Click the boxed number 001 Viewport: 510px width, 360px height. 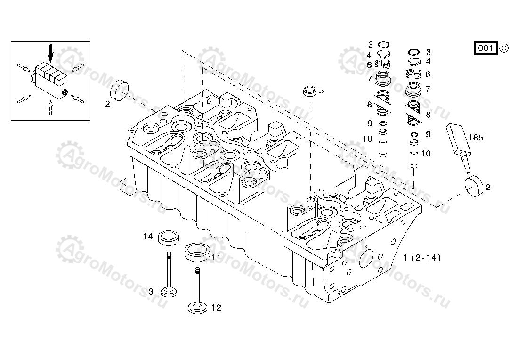[486, 48]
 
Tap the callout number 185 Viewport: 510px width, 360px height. [476, 138]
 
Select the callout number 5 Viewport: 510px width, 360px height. [321, 90]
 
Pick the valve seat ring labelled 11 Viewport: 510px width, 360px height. [196, 251]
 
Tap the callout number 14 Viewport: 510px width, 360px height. [148, 237]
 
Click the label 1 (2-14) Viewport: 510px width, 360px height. [422, 258]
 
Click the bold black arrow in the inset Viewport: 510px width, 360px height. [51, 53]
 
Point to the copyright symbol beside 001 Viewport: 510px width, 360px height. [503, 48]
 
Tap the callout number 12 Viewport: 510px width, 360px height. [216, 308]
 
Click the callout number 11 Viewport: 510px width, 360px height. [216, 257]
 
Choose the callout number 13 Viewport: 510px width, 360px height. [149, 292]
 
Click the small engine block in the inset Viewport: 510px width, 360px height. [49, 79]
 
